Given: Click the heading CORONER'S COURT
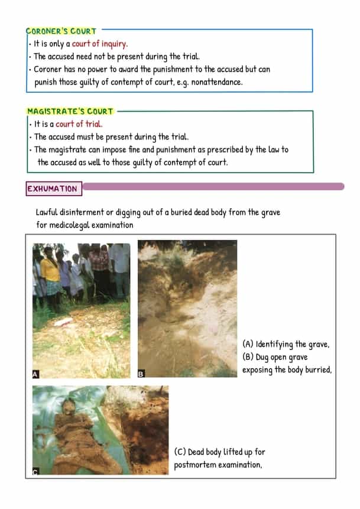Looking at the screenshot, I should pos(61,31).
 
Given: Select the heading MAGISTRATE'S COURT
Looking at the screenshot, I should pos(70,111).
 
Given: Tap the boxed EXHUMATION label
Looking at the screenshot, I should pos(52,189).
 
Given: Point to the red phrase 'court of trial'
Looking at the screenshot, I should pos(79,124).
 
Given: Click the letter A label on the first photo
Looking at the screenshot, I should pos(36,374).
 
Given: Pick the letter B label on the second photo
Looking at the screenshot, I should pos(141,374).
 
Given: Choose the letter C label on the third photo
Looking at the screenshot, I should pos(35,471).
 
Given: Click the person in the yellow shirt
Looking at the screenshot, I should pos(50,273).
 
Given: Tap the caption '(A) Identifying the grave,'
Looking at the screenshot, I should pos(286,344).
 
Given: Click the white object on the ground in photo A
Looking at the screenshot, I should pos(63,322).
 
